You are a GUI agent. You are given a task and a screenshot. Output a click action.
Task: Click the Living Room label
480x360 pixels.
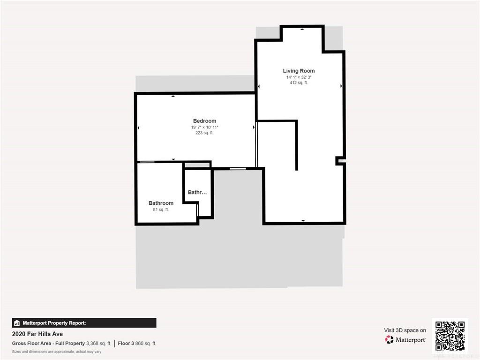pos(299,71)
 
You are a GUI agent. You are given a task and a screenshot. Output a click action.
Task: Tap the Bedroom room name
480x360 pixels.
pos(204,121)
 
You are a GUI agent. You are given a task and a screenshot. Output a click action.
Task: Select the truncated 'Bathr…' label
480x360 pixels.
pos(197,192)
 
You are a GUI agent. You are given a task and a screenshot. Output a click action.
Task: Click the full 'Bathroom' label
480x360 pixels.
pos(161,203)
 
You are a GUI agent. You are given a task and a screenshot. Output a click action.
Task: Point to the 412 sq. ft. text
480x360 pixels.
pos(299,82)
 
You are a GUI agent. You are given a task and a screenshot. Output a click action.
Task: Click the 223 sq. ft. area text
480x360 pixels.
pos(204,133)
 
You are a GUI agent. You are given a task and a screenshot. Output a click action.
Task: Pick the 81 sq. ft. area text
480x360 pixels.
pos(161,210)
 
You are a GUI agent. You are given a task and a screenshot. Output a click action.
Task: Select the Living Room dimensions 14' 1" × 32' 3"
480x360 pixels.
pos(299,77)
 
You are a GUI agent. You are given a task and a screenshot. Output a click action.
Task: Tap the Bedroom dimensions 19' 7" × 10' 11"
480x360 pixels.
pos(204,127)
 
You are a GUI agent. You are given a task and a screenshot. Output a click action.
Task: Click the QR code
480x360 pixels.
pos(450,336)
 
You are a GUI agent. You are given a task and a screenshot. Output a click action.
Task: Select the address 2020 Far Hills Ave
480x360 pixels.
pos(37,334)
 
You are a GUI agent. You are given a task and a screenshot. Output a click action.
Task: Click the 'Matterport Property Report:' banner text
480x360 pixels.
pos(54,323)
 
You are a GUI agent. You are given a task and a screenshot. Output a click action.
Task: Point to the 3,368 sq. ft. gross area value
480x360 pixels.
pos(98,344)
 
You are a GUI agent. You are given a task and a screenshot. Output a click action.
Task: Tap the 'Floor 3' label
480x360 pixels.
pos(126,344)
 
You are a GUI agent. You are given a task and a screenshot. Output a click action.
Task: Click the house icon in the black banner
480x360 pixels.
pos(17,323)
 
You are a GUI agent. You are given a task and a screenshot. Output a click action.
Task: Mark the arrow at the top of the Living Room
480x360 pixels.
pos(302,29)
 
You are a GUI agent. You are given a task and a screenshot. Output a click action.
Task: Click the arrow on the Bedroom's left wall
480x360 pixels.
pos(138,127)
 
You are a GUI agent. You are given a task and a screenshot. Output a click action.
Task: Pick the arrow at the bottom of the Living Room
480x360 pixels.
pos(303,220)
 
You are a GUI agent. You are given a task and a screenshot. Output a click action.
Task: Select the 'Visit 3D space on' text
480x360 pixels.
pos(405,330)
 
